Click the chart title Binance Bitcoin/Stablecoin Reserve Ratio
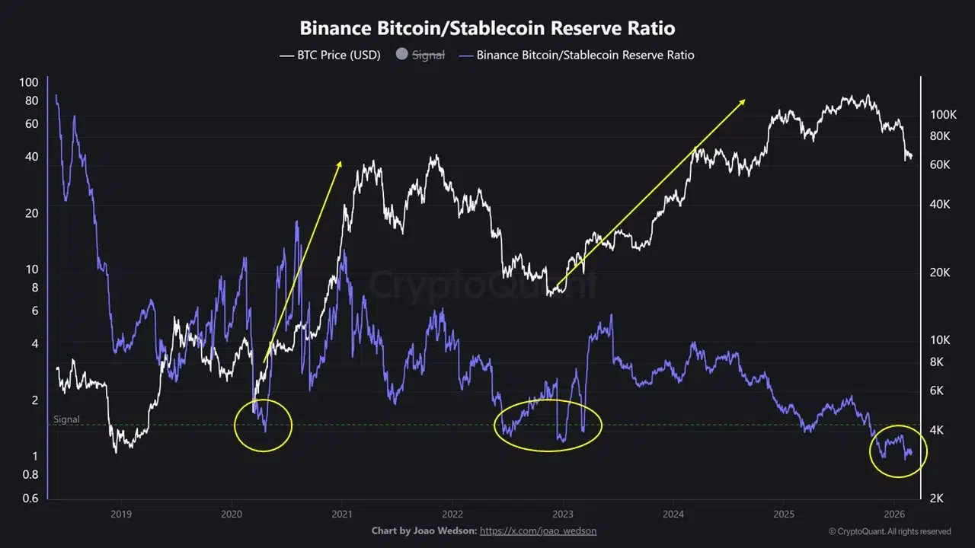tap(487, 28)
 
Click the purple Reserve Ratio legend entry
tap(585, 55)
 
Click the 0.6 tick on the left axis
tap(29, 499)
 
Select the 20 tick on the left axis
tap(30, 213)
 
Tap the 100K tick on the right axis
tap(943, 115)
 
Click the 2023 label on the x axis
tap(563, 513)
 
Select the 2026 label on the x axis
tap(895, 513)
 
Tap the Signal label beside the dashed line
tap(66, 419)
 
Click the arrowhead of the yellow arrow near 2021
tap(340, 163)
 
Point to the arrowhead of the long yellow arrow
tap(743, 101)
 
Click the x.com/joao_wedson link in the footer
tap(543, 530)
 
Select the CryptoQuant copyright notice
tap(890, 531)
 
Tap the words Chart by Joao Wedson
tap(423, 530)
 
